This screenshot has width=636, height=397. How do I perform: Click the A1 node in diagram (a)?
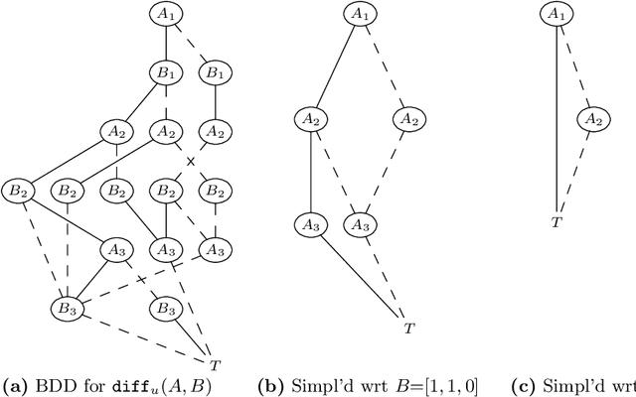pos(164,14)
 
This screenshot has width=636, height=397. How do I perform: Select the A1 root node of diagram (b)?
pos(360,14)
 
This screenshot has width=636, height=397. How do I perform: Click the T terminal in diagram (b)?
pos(407,327)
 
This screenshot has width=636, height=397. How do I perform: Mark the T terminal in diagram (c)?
pos(556,222)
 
